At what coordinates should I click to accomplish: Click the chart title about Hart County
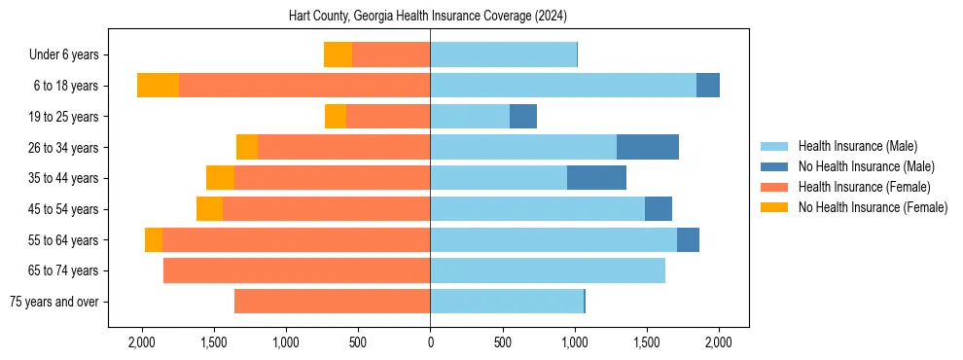(428, 17)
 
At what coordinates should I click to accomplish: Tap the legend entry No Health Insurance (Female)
(873, 207)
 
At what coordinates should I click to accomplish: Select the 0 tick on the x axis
(430, 342)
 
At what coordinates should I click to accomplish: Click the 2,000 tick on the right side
(718, 342)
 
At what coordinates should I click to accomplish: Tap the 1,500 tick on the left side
(214, 342)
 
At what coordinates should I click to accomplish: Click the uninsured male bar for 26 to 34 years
(648, 147)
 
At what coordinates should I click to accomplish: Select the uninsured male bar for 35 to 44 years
(596, 178)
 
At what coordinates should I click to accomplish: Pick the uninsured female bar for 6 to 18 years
(158, 86)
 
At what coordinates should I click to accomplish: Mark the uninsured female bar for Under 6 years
(338, 54)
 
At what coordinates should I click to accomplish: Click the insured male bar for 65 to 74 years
(548, 270)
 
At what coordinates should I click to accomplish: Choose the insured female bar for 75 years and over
(332, 302)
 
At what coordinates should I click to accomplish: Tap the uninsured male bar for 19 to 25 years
(523, 117)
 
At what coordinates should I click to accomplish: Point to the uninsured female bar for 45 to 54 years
(209, 209)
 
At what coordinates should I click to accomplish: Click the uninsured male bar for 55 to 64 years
(688, 239)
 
